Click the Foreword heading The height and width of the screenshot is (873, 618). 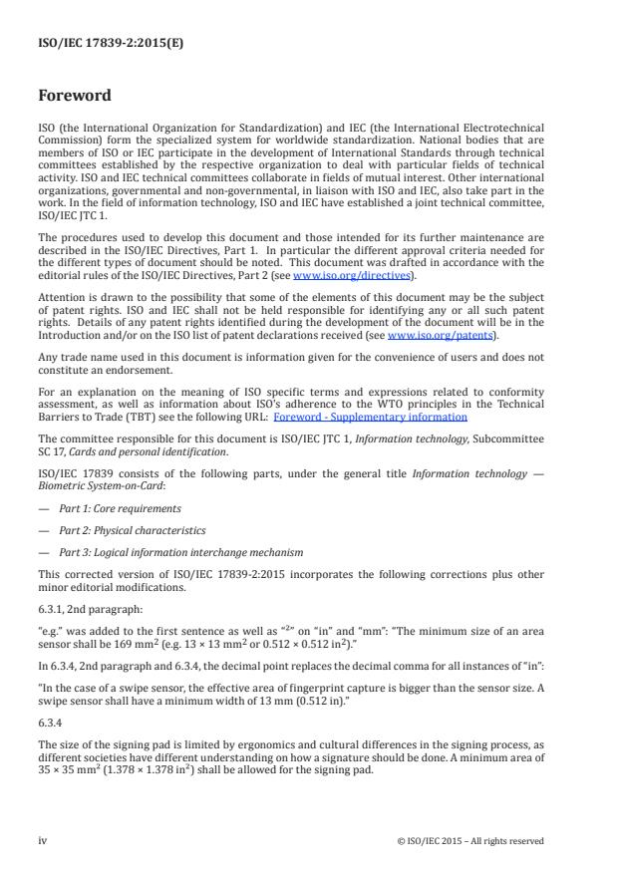75,97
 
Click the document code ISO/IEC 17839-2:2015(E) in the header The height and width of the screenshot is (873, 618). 98,44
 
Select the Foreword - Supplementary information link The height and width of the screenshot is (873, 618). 370,417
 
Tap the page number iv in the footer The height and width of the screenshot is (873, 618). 43,840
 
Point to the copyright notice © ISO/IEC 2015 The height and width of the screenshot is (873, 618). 468,840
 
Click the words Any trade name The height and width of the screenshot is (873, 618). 70,356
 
